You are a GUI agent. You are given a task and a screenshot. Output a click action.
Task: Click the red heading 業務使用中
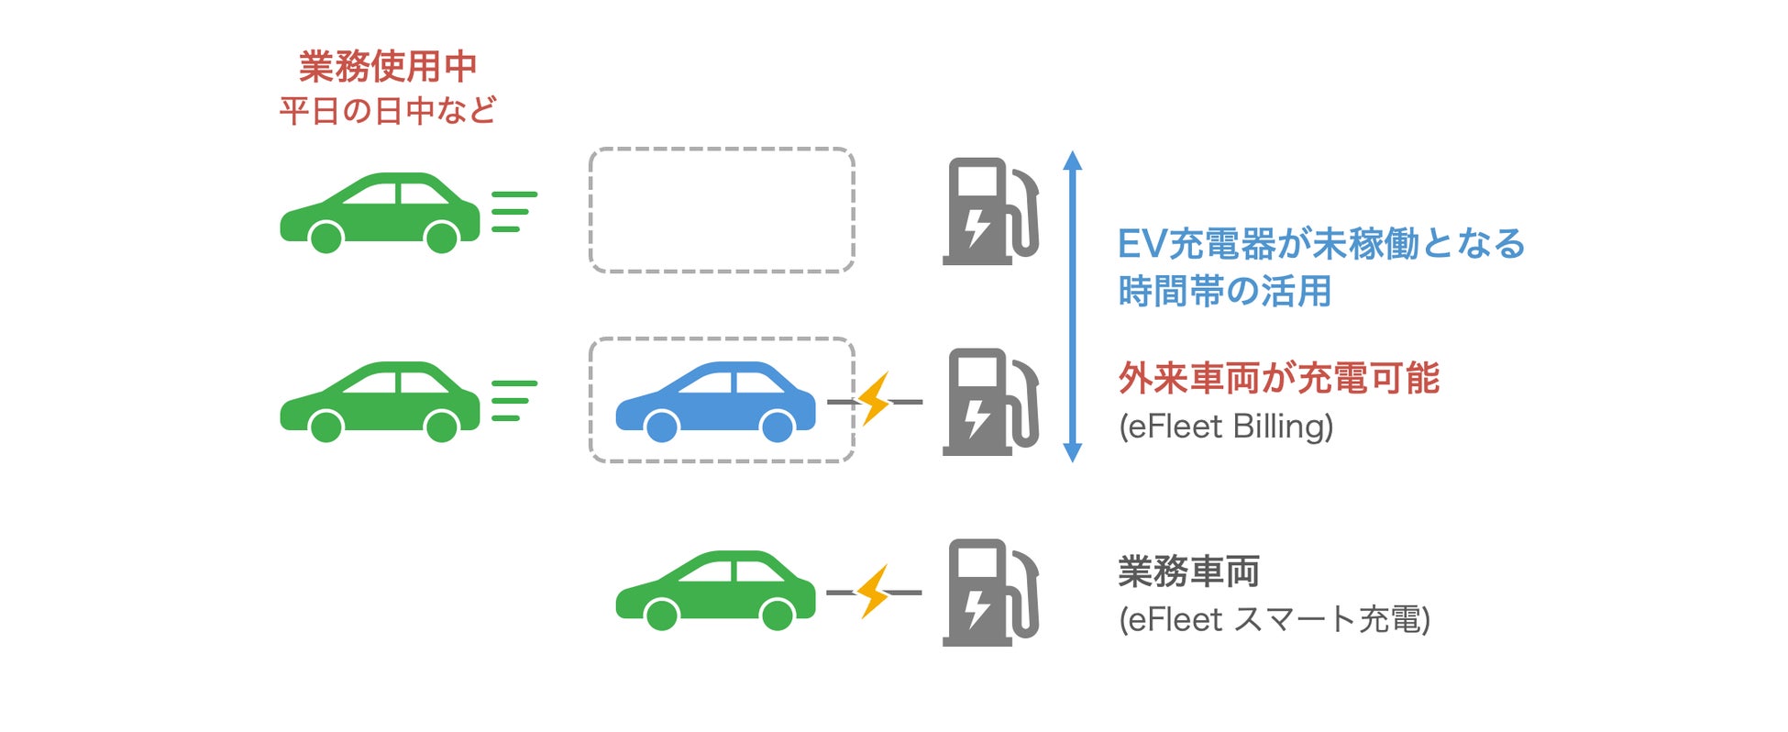(388, 66)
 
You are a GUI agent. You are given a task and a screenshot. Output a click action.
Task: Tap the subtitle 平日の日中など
(388, 111)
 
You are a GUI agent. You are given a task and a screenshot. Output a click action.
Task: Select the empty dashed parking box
(722, 210)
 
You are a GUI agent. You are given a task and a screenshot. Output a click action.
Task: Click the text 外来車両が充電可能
(1278, 378)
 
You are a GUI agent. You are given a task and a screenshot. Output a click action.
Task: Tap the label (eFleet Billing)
(1226, 427)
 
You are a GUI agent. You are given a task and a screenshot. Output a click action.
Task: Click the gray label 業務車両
(1188, 571)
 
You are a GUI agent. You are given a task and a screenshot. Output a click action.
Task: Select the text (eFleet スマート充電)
(1274, 619)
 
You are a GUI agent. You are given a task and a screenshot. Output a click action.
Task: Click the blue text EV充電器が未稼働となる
(1320, 244)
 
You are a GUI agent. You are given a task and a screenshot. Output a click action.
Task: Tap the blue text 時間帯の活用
(1224, 292)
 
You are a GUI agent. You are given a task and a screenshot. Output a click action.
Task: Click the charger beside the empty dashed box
(990, 212)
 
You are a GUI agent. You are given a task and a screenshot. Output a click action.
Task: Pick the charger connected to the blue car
(990, 402)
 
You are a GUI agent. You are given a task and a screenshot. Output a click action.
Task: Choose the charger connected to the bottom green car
(990, 593)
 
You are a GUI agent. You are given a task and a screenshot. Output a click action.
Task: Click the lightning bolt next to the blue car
(875, 400)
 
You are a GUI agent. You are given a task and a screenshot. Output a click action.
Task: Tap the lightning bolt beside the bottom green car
(874, 592)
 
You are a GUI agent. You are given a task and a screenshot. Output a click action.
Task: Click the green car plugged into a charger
(715, 591)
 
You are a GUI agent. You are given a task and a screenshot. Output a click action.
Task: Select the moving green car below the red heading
(380, 212)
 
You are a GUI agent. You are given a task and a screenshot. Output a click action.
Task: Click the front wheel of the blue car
(778, 426)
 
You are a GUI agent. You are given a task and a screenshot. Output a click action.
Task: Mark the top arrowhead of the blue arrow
(1072, 161)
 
